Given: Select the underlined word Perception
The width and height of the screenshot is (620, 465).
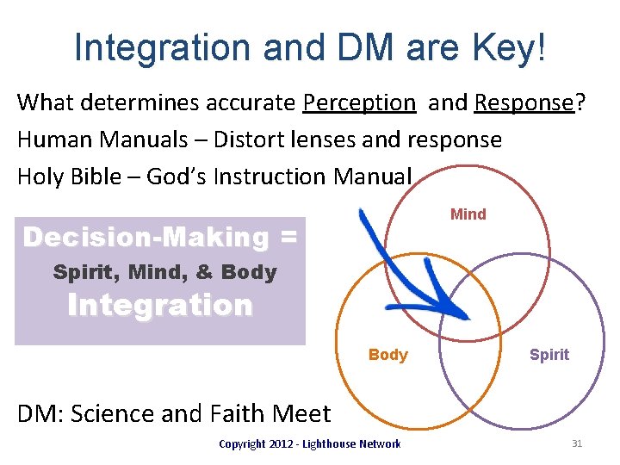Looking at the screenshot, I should [358, 102].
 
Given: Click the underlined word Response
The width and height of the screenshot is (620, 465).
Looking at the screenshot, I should [523, 102].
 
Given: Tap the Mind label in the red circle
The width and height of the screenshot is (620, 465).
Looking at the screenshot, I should [468, 214].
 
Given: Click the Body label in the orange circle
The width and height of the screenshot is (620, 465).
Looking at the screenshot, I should [387, 355].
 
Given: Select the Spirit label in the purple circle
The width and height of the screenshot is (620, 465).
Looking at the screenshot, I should [549, 355].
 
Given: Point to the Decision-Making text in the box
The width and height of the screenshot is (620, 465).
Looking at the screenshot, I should [146, 237].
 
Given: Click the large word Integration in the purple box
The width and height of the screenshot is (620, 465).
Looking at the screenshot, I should [160, 306].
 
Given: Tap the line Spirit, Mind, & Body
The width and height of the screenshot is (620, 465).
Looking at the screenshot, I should [164, 273].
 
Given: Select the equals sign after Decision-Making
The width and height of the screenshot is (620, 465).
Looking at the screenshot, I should [288, 237].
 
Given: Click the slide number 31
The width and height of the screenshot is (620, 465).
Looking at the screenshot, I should [577, 443].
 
